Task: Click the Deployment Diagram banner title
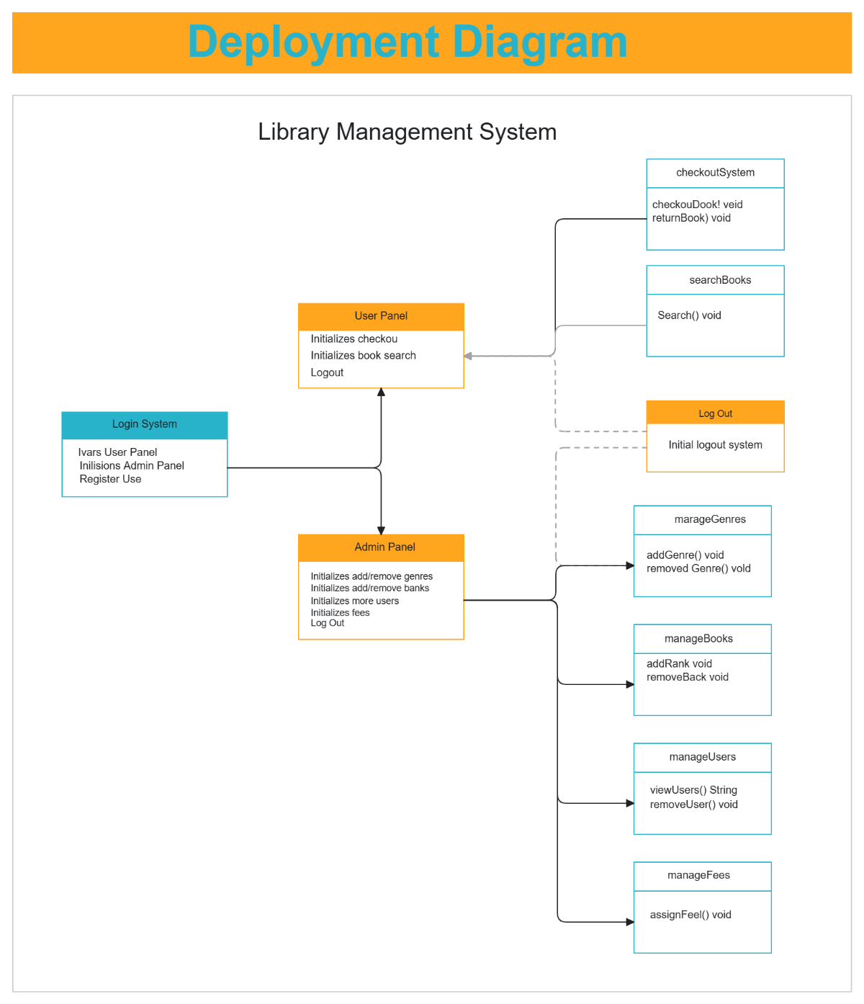[408, 42]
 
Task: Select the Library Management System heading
[407, 132]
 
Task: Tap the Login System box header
[144, 424]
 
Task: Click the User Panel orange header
[381, 316]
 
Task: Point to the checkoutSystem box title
[715, 173]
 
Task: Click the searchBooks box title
[719, 280]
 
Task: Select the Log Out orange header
[715, 413]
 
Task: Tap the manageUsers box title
[702, 757]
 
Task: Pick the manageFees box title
[698, 875]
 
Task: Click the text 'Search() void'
[689, 315]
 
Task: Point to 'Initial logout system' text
[715, 445]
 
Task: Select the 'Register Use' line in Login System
[110, 479]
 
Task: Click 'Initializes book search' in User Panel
[363, 356]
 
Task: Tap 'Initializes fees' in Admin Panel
[340, 613]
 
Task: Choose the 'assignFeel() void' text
[690, 915]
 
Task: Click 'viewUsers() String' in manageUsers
[693, 790]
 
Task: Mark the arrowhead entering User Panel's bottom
[381, 393]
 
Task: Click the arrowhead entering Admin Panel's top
[381, 530]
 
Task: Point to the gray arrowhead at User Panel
[468, 356]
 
